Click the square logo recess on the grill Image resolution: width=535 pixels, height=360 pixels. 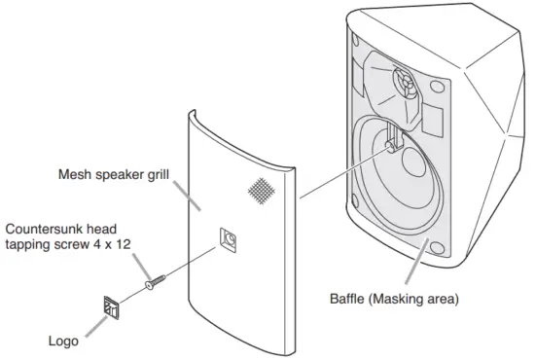pyautogui.click(x=230, y=238)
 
